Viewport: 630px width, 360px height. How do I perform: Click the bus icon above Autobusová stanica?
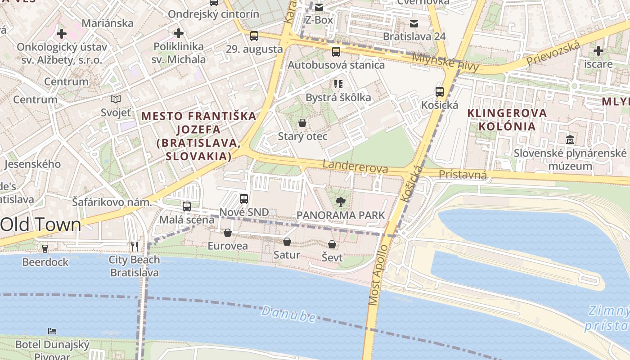point(336,52)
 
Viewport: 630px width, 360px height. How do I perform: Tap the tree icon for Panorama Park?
point(341,202)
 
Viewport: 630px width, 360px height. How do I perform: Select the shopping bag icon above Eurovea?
point(228,233)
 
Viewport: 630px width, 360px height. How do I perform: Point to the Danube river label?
point(288,314)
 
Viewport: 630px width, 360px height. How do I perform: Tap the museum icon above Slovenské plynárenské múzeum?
point(570,140)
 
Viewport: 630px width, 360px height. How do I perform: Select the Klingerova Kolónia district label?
point(507,119)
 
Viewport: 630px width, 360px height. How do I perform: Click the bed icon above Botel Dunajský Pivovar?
point(52,331)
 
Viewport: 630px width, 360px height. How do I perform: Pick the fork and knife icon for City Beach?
point(134,246)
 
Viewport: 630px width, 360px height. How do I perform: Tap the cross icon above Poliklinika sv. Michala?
point(179,33)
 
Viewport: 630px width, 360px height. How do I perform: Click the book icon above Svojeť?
point(116,99)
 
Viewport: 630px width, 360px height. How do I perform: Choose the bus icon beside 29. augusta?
point(254,36)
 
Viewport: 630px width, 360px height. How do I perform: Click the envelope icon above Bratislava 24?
point(414,23)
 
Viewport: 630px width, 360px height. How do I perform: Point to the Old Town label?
point(41,225)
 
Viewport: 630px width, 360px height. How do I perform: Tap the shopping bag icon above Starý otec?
point(302,123)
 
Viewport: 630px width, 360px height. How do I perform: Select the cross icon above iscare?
point(598,50)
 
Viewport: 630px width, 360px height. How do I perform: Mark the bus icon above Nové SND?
point(244,198)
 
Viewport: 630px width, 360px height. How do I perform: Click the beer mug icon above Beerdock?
point(45,248)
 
